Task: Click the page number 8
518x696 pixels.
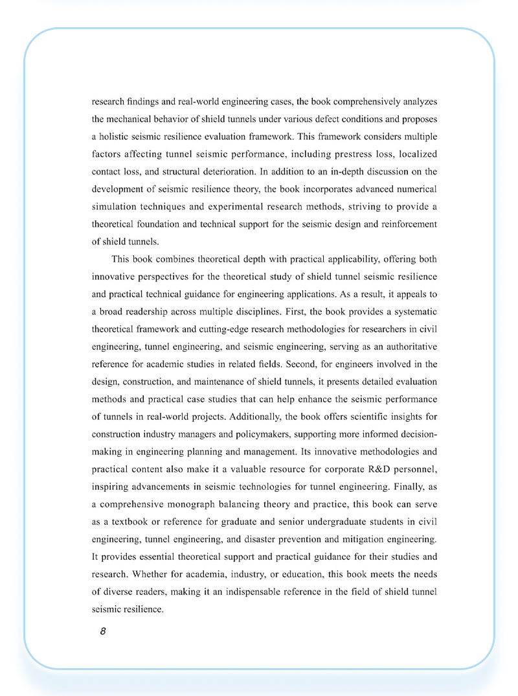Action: tap(103, 631)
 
